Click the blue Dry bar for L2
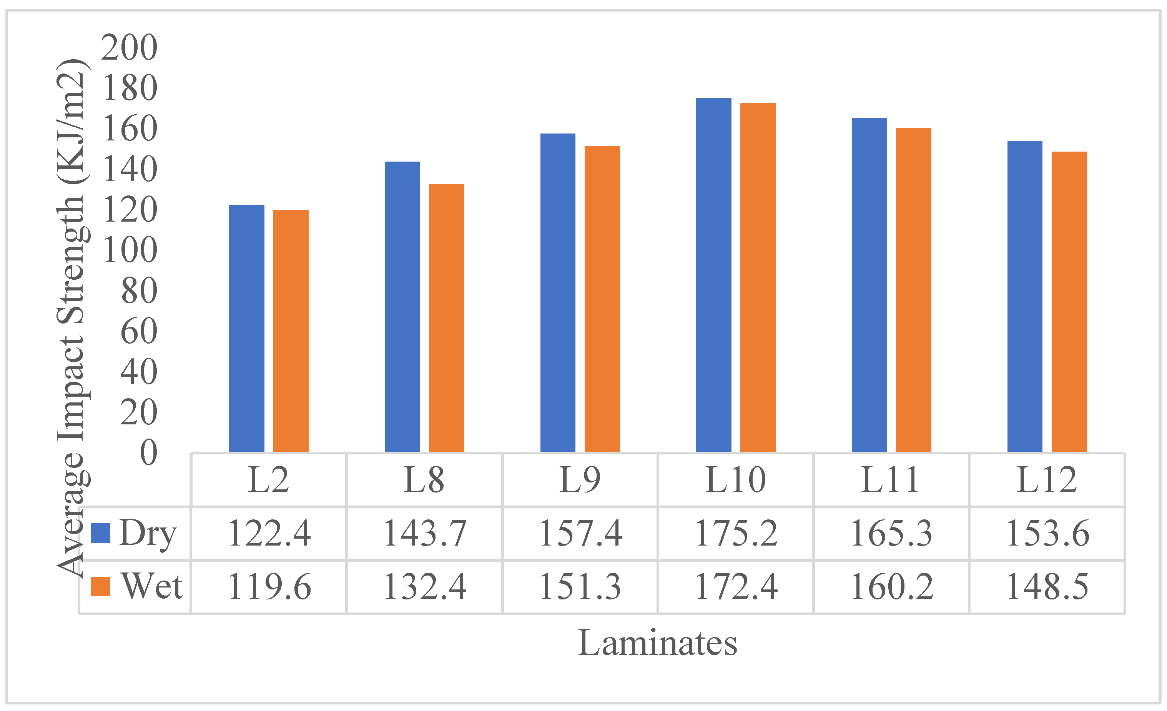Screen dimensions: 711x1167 pos(246,328)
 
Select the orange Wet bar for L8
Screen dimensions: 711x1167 pos(446,317)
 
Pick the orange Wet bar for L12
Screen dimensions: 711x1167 pos(1069,302)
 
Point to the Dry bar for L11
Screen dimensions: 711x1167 pos(869,284)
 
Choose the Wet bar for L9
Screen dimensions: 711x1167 pos(602,299)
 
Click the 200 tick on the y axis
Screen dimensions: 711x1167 pos(129,47)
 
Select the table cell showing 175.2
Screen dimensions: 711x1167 pos(736,533)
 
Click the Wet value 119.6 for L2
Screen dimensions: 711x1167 pos(269,587)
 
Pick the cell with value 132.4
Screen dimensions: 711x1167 pos(424,587)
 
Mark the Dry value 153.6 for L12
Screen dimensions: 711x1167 pos(1047,533)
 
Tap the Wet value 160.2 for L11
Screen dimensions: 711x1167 pos(891,587)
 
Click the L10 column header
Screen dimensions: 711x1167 pos(736,480)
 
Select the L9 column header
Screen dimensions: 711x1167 pos(580,480)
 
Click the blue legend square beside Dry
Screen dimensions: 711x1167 pos(100,533)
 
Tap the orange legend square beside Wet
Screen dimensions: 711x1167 pos(100,586)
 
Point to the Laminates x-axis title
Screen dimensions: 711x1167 pos(657,643)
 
